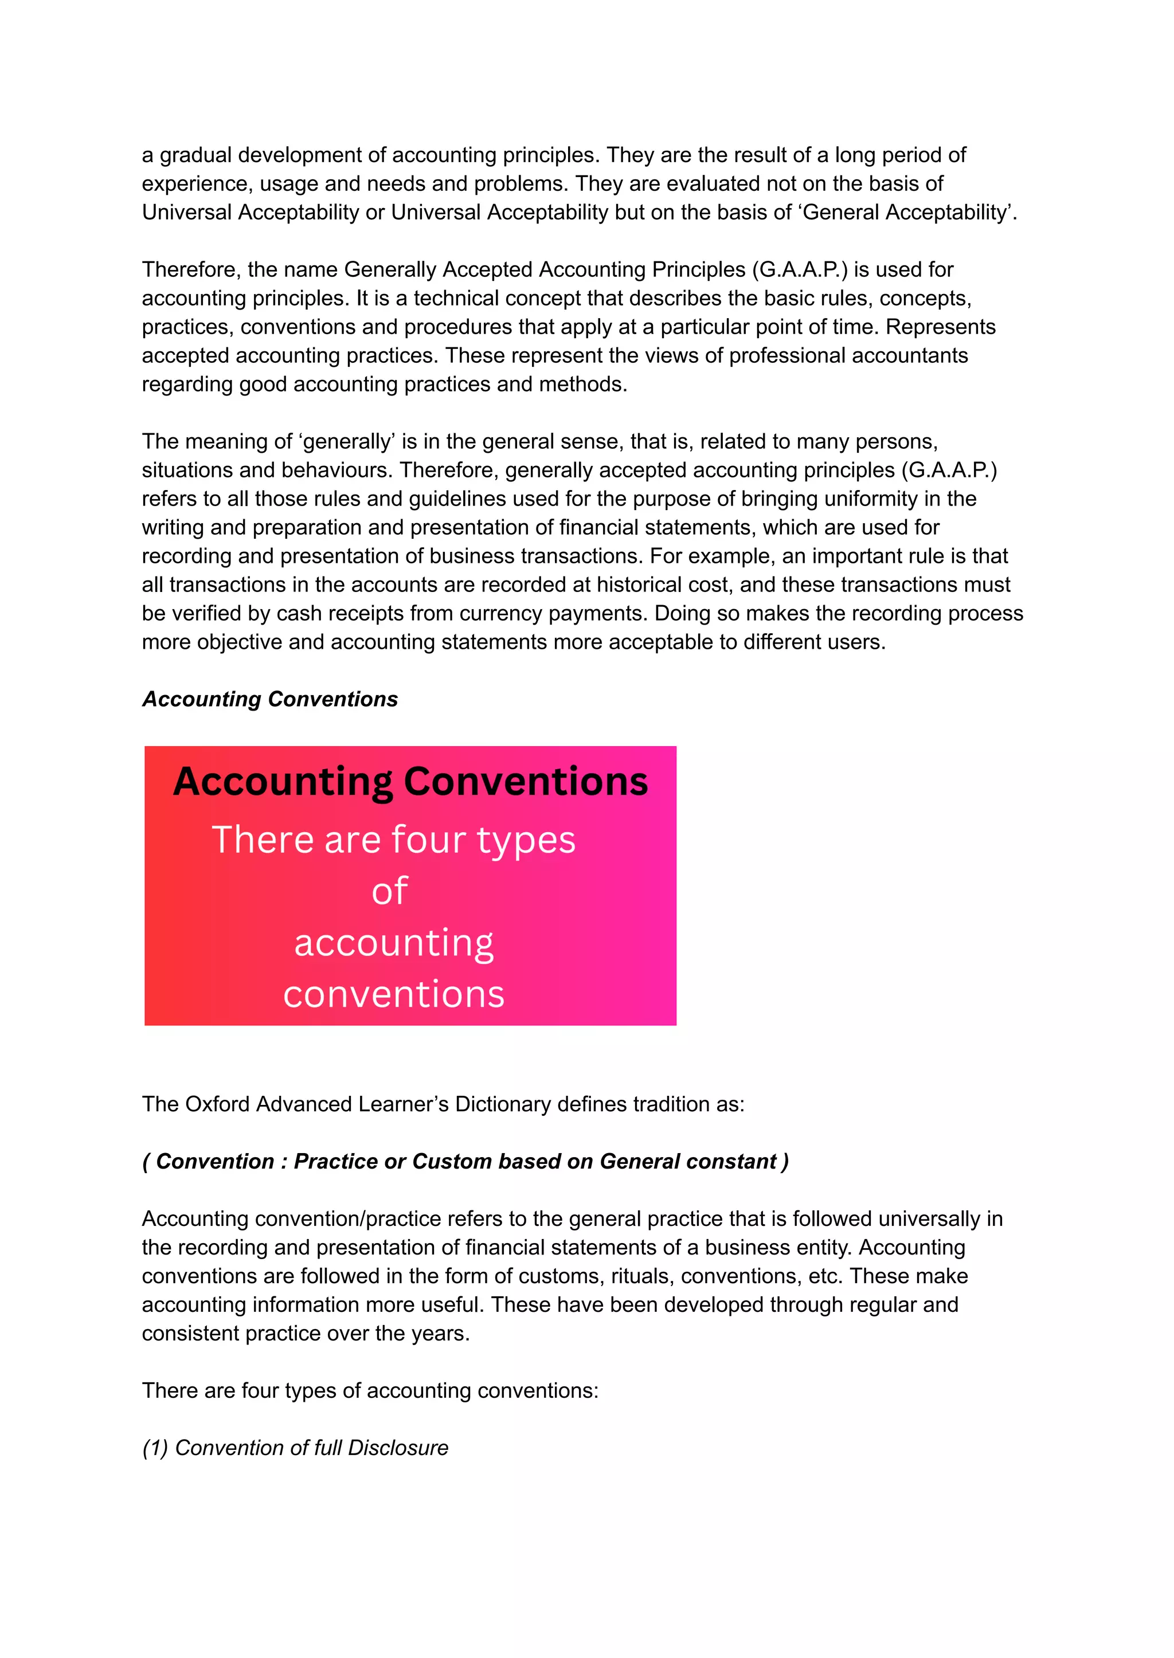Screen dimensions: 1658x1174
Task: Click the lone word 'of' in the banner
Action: point(390,891)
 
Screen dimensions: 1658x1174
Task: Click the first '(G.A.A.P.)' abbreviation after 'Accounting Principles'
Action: point(800,269)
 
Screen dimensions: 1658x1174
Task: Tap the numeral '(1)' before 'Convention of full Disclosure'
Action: point(155,1448)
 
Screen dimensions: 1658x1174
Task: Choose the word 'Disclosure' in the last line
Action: point(398,1448)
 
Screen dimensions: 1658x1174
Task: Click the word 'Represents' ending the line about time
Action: point(941,327)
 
